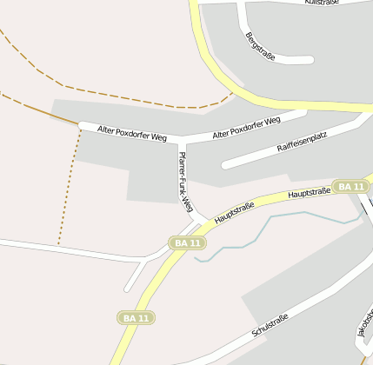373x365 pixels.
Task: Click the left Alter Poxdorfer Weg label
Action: (132, 132)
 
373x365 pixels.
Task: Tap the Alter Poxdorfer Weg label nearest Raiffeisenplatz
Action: (246, 127)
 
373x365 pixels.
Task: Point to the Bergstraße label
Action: (260, 46)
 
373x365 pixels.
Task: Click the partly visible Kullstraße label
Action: (322, 3)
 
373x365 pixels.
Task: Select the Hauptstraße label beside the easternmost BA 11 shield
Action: (310, 192)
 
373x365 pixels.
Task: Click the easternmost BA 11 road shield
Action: (350, 187)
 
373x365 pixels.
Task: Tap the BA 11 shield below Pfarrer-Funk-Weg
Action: (188, 242)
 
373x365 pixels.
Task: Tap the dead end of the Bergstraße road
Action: (310, 60)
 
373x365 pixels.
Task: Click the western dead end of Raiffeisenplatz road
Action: (225, 164)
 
